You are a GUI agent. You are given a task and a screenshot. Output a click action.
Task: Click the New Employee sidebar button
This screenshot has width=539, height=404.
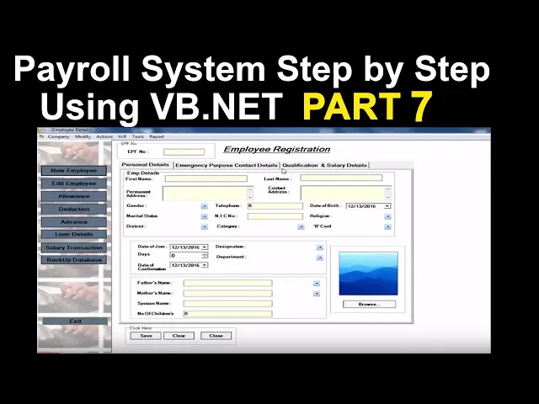pyautogui.click(x=74, y=171)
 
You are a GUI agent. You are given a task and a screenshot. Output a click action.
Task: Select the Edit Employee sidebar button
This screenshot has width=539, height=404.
pyautogui.click(x=74, y=183)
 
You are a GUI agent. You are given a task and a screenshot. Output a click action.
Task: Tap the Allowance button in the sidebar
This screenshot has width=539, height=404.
pyautogui.click(x=74, y=196)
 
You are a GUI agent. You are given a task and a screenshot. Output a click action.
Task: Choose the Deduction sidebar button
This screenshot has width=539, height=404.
pyautogui.click(x=74, y=209)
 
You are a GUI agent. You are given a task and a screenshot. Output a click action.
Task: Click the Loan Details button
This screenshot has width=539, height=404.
pyautogui.click(x=74, y=234)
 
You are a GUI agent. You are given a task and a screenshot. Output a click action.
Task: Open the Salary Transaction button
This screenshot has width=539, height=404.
pyautogui.click(x=74, y=247)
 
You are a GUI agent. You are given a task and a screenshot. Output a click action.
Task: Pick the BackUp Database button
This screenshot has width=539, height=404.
pyautogui.click(x=74, y=260)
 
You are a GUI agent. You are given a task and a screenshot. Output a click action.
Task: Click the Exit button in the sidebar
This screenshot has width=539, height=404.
pyautogui.click(x=75, y=322)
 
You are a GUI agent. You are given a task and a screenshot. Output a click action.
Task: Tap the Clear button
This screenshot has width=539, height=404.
pyautogui.click(x=179, y=335)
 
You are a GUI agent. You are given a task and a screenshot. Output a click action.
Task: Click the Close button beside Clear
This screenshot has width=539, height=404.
pyautogui.click(x=216, y=335)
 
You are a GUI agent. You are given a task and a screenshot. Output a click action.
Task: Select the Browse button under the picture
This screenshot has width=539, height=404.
pyautogui.click(x=368, y=304)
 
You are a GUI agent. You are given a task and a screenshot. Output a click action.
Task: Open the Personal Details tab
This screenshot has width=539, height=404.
pyautogui.click(x=146, y=165)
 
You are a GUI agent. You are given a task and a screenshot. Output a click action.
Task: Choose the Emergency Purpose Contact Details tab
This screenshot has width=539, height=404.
pyautogui.click(x=226, y=165)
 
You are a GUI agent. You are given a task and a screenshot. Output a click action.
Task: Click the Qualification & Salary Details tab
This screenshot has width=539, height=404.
pyautogui.click(x=324, y=165)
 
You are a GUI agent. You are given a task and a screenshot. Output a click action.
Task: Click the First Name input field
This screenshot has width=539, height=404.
pyautogui.click(x=205, y=178)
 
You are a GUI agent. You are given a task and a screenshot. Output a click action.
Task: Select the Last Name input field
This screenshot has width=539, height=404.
pyautogui.click(x=341, y=178)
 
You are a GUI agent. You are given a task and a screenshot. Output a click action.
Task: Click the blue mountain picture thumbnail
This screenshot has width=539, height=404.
pyautogui.click(x=368, y=274)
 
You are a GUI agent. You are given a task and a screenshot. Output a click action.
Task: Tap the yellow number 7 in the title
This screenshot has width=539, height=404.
pyautogui.click(x=422, y=107)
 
